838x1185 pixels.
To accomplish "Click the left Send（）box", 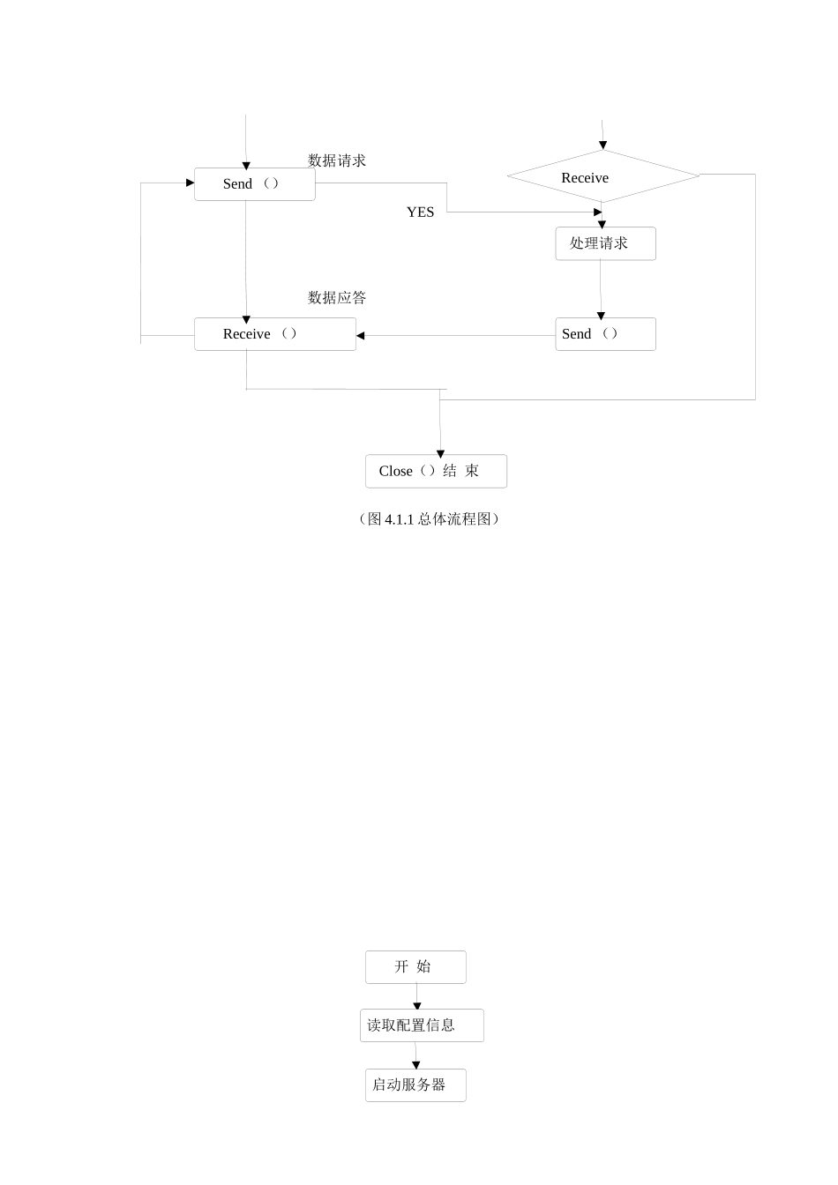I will (254, 184).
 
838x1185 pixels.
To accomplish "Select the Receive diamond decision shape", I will (602, 176).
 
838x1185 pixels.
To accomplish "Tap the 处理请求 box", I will (605, 243).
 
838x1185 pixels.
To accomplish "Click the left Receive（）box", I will (274, 334).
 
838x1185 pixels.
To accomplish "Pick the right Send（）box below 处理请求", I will (605, 334).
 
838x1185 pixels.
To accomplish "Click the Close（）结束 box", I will (436, 471).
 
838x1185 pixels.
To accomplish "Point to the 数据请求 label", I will (336, 160).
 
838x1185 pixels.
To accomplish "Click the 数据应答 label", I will (336, 298).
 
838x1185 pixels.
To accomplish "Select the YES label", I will (420, 212).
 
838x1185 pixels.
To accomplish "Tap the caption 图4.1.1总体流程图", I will (429, 519).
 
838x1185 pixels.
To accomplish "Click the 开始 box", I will (415, 967).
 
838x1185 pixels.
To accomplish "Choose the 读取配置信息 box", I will (422, 1025).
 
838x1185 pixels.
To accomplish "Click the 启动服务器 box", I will (415, 1085).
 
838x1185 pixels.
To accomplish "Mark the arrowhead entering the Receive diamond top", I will (603, 145).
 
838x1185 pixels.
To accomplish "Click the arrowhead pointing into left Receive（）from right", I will (361, 336).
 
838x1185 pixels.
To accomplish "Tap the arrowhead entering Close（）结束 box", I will (440, 454).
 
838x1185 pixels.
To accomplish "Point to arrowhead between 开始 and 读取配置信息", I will (417, 1006).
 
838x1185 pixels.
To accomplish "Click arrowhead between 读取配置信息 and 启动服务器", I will (416, 1065).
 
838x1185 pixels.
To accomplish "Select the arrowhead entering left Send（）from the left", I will (190, 183).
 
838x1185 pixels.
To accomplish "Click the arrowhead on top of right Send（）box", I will (601, 316).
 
